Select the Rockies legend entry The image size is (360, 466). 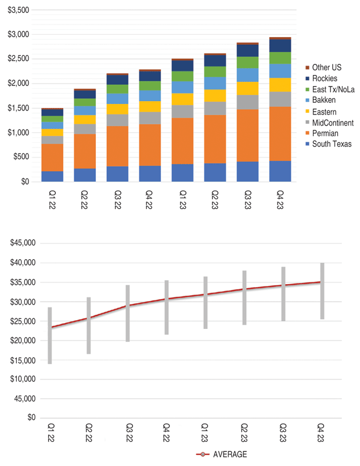325,78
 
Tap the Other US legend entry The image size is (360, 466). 326,66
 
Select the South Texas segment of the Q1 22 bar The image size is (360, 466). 52,176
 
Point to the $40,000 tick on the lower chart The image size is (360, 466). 23,263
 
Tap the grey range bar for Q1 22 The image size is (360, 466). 50,335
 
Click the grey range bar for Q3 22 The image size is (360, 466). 128,321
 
